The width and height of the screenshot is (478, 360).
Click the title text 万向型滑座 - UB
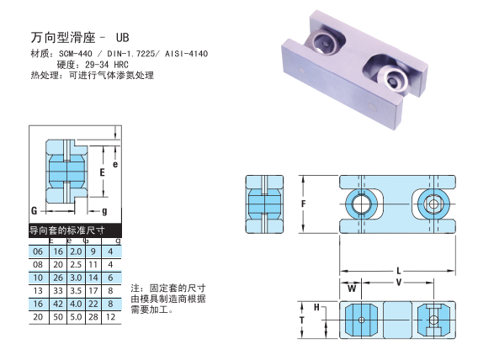point(80,38)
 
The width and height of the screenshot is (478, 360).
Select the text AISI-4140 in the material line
point(186,54)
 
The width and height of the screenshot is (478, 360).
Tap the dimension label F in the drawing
point(303,204)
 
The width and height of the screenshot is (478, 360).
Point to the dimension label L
point(398,271)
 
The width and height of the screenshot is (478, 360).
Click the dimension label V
point(398,283)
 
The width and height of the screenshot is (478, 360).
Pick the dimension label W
point(352,289)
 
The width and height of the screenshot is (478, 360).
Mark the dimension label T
point(301,320)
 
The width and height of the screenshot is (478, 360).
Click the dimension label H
point(316,307)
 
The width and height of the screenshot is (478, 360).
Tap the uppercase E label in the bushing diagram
point(102,172)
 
